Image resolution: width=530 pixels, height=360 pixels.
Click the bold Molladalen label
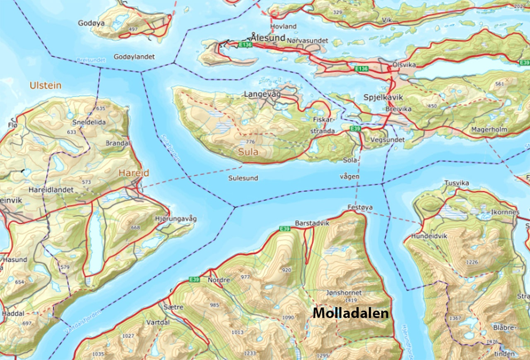click(351, 313)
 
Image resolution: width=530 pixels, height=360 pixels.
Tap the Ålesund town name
click(268, 37)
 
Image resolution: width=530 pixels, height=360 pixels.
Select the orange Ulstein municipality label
click(46, 86)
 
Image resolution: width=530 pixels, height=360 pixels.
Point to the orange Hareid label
click(134, 173)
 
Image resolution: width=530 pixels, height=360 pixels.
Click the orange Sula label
click(248, 152)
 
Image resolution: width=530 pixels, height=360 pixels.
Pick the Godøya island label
click(92, 23)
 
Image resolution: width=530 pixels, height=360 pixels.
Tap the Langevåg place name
click(263, 94)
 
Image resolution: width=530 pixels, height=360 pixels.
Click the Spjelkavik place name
click(383, 97)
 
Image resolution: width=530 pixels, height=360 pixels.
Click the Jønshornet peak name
click(344, 293)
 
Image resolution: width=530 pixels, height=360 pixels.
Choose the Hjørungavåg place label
click(175, 218)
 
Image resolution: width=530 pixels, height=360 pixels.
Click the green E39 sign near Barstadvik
click(284, 229)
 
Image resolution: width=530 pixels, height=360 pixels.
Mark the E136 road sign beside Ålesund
click(245, 45)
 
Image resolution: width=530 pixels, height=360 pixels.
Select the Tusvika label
click(457, 183)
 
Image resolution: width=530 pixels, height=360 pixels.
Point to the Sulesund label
click(243, 178)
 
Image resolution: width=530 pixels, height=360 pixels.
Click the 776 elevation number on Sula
click(250, 142)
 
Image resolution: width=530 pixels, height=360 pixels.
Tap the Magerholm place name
click(489, 130)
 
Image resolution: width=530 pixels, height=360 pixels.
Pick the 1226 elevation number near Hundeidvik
click(472, 262)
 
